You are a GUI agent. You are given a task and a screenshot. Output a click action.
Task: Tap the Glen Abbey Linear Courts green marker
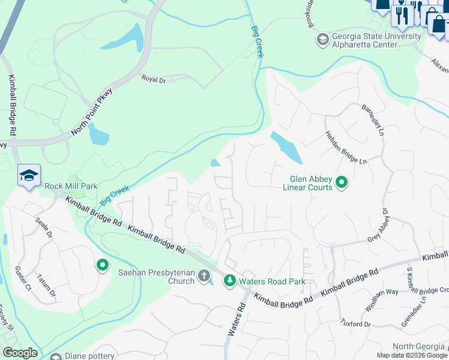coord(342,182)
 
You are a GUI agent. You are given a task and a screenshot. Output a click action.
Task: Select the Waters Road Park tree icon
coord(229,281)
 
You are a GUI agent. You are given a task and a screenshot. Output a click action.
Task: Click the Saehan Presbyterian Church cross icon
coord(204,276)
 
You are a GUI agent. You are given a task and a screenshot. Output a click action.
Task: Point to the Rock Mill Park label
coord(71,186)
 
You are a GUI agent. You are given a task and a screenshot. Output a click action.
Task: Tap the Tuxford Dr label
coord(357,324)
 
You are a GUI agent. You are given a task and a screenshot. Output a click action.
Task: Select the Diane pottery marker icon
coord(56,355)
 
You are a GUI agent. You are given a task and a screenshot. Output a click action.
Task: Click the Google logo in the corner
coord(20,353)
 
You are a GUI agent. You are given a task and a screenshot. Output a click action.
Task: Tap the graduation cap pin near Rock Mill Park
coord(29,175)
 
